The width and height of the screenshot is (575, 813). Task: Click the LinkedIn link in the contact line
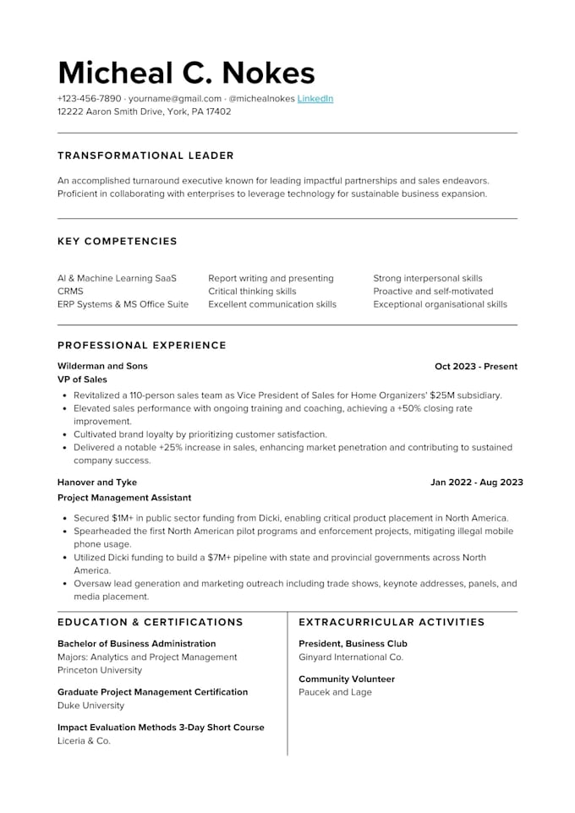(x=315, y=98)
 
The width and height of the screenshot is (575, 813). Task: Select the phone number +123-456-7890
(x=89, y=98)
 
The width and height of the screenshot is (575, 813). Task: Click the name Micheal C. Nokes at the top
(x=186, y=73)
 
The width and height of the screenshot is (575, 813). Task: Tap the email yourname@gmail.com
(x=175, y=98)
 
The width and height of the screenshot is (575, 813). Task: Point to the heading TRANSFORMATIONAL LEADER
(x=145, y=156)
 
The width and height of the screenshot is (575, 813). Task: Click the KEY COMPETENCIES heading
(x=118, y=241)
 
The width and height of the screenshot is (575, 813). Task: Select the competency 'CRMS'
(x=70, y=291)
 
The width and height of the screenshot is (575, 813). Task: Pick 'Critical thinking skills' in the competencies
(x=252, y=291)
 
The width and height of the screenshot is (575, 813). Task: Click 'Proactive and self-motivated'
(x=433, y=291)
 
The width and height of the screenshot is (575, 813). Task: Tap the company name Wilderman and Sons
(x=102, y=366)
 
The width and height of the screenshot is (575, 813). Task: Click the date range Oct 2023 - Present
(x=475, y=366)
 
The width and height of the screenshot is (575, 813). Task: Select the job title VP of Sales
(x=82, y=379)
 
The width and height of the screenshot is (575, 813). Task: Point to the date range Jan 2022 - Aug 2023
(x=476, y=483)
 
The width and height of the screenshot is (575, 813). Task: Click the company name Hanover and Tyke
(x=97, y=483)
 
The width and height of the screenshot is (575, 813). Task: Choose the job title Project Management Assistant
(x=124, y=498)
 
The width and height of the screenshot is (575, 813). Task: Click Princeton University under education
(x=100, y=670)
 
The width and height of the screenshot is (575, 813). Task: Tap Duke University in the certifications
(x=90, y=705)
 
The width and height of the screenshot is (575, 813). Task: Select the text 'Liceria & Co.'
(x=84, y=740)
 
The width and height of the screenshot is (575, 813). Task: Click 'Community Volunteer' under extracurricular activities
(x=347, y=679)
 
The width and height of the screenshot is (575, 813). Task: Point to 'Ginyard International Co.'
(x=351, y=657)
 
